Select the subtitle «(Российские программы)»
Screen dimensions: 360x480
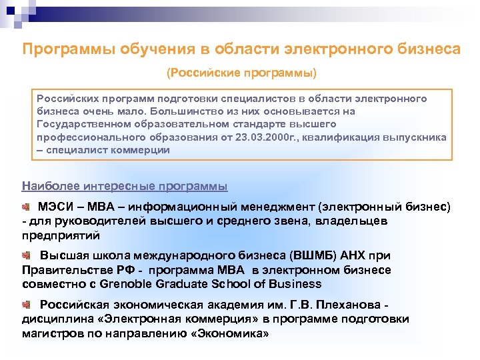coord(241,71)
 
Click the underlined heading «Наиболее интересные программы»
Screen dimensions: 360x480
coord(125,185)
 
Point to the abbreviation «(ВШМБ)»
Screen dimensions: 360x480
coord(313,256)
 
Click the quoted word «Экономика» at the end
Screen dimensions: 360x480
coord(230,333)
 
